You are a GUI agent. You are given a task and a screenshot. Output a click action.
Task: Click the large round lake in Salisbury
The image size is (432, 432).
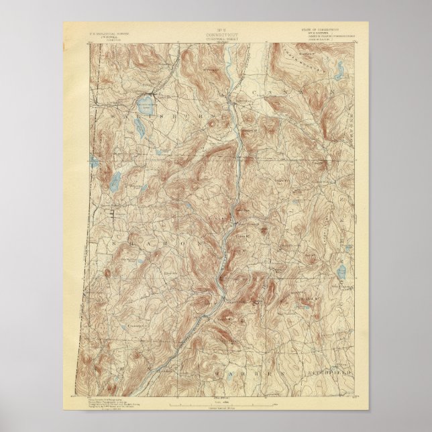tap(144, 104)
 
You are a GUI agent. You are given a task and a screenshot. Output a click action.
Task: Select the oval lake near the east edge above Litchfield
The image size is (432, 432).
tap(341, 272)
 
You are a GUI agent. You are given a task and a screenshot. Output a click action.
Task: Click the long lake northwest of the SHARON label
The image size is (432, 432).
tap(114, 180)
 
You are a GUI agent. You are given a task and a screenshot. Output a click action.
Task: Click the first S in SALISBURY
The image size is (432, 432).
tap(108, 115)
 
